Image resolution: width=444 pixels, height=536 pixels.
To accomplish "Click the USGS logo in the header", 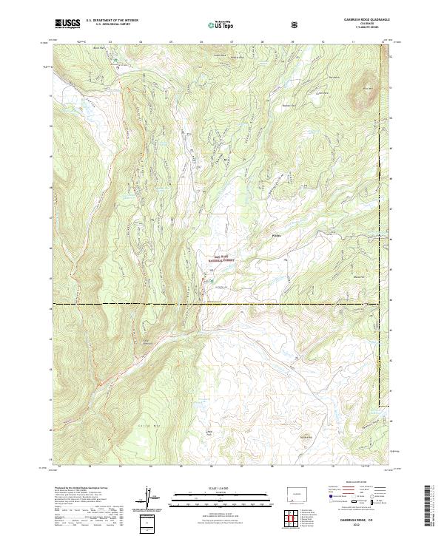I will [x=67, y=24].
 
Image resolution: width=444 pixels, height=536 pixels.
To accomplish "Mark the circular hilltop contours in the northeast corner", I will [x=364, y=95].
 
